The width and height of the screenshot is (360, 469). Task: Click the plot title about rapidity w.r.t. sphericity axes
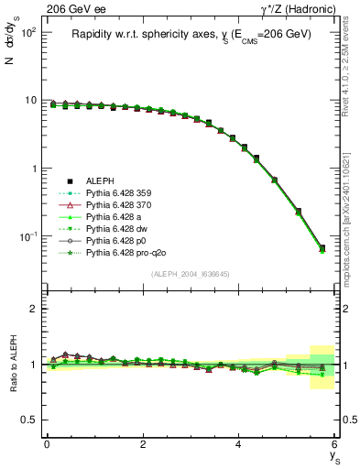[x=191, y=34]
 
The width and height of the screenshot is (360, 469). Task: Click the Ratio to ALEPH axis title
[x=13, y=364]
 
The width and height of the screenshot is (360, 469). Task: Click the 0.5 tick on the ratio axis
[x=27, y=420]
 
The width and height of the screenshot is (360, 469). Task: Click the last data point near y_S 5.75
[x=322, y=248]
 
